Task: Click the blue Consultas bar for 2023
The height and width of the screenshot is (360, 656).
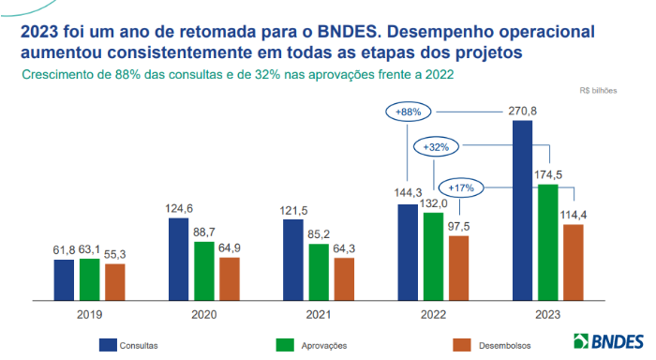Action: coord(523,211)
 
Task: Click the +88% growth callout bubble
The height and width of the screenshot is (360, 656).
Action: coord(409,112)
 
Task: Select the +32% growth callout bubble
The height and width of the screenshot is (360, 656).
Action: coord(437,147)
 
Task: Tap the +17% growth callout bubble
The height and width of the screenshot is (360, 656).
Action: coord(460,187)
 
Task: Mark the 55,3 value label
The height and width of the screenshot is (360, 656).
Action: coord(114,254)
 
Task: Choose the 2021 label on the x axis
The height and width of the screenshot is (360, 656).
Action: coord(319,317)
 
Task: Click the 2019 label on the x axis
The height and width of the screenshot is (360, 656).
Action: coord(89,317)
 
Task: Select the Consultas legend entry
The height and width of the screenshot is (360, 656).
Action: coord(131,345)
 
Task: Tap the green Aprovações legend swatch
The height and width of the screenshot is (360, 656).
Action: coord(287,345)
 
